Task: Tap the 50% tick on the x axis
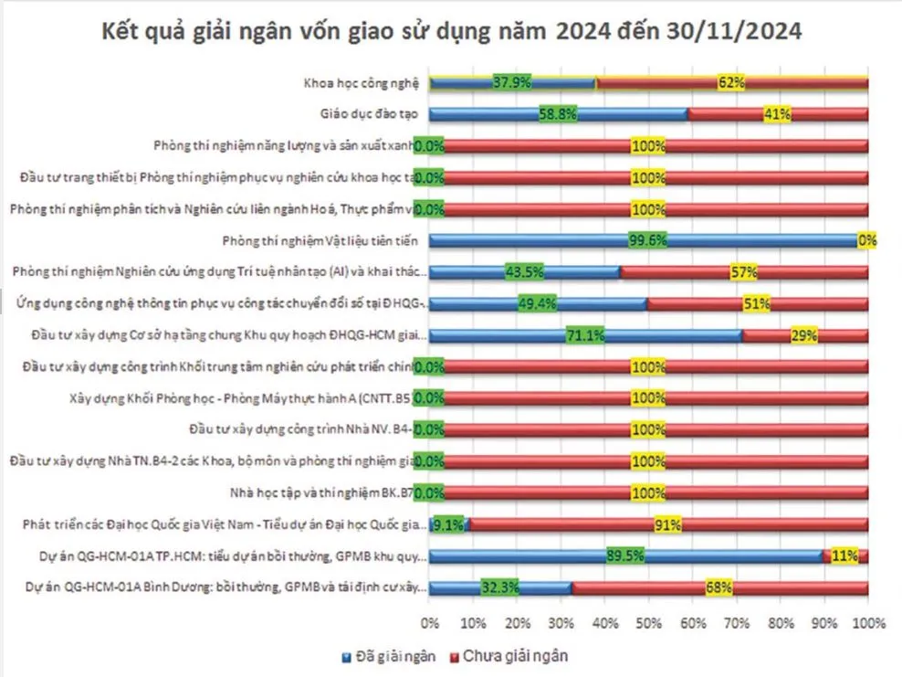coord(648,624)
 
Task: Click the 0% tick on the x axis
coord(429,624)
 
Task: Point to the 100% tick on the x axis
coord(866,624)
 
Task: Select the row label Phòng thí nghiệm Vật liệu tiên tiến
coord(320,241)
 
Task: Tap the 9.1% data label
coord(449,524)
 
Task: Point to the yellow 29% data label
coord(803,335)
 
